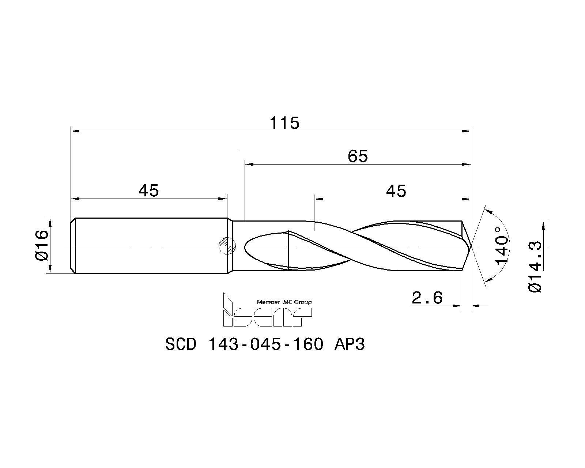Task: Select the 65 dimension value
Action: [358, 156]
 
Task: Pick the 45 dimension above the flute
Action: [396, 191]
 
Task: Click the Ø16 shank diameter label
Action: [42, 245]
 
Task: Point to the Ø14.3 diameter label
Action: [535, 267]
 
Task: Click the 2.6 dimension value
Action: [427, 298]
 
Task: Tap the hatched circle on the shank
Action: [227, 246]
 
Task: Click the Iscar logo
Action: [267, 310]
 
